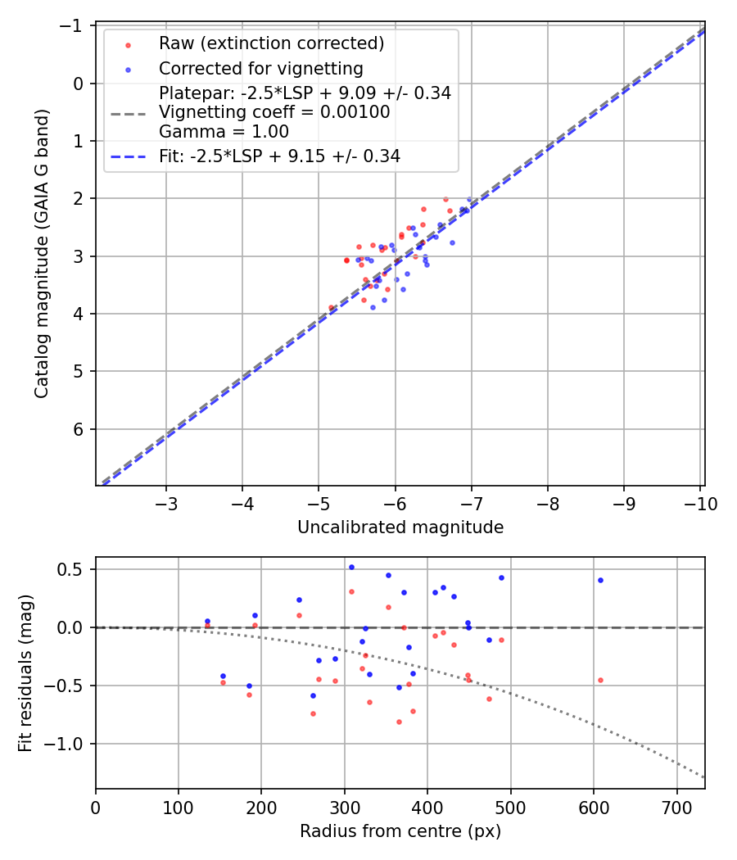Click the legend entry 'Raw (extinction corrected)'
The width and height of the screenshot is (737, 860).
point(271,43)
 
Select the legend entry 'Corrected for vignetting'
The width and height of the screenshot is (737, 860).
point(260,68)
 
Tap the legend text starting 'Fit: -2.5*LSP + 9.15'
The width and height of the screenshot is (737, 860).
point(279,156)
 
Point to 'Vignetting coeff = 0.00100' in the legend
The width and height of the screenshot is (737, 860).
point(274,112)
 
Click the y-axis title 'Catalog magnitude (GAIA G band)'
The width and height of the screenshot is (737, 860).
point(42,254)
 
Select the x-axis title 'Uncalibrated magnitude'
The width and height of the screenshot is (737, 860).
point(400,527)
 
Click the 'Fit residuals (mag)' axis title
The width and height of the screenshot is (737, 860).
point(25,673)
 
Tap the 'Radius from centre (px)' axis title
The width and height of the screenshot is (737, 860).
point(400,831)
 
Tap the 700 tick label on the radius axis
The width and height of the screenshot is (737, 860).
point(676,807)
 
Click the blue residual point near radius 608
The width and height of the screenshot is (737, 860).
point(600,580)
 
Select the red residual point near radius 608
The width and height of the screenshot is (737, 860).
point(600,680)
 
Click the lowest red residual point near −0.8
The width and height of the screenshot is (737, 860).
point(399,722)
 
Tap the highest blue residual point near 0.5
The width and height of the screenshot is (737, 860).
point(351,567)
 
